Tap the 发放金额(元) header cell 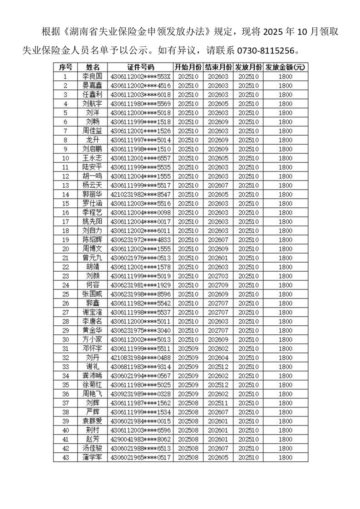coord(285,67)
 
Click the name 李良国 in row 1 coord(92,77)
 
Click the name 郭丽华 coord(92,194)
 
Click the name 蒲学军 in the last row coord(92,457)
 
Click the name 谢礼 coord(92,367)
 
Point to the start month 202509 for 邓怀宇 coord(187,348)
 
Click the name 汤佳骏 coord(92,448)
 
